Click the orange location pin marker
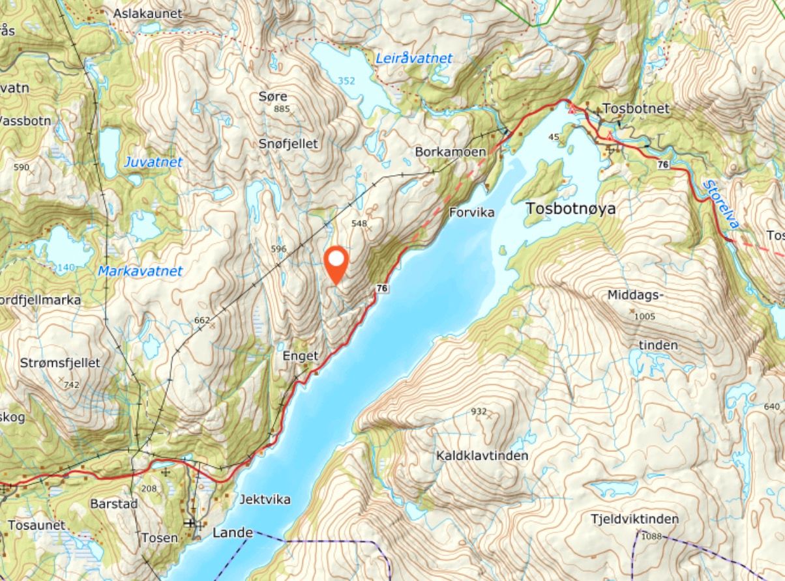336,262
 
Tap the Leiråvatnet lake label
414,59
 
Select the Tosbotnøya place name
570,209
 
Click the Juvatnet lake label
153,162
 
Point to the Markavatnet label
140,271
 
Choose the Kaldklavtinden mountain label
482,455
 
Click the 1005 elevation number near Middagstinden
644,317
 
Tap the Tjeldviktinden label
634,519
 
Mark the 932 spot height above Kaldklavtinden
479,412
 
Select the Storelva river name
721,205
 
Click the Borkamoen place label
451,152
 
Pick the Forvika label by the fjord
472,212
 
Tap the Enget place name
301,356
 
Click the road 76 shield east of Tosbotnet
663,165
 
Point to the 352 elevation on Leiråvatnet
347,81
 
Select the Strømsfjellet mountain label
60,363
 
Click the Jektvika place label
265,500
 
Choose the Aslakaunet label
148,13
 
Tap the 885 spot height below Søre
282,109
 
